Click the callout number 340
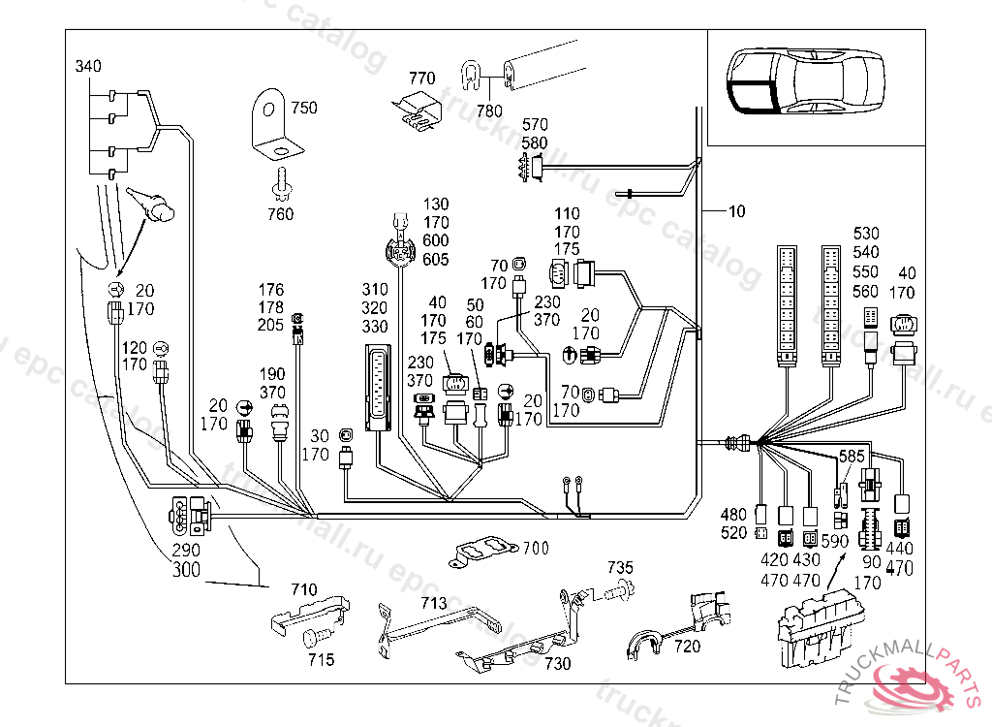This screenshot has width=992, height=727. [88, 66]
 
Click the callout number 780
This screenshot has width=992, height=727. [489, 111]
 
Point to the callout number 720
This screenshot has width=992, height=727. [687, 647]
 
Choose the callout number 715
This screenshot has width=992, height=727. [321, 660]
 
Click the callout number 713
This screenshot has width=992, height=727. [433, 603]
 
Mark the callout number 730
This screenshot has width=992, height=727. [557, 664]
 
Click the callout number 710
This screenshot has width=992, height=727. [302, 588]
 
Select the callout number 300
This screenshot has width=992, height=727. [186, 570]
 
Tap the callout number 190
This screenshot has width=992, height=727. [272, 374]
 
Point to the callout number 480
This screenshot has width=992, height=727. [733, 514]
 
